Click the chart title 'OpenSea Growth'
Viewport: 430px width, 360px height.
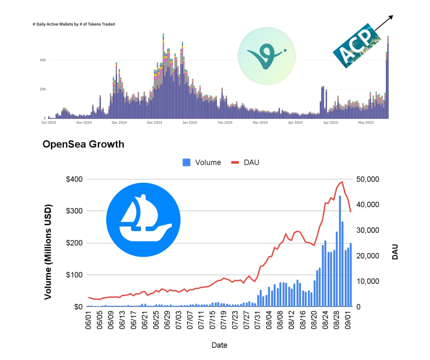click(x=83, y=144)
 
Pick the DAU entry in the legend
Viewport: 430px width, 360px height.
click(x=245, y=162)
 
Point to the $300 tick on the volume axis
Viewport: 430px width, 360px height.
click(x=74, y=211)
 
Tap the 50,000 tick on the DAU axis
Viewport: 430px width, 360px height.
click(x=368, y=179)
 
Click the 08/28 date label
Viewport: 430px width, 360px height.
click(x=336, y=320)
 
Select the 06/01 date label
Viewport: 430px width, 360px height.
click(x=88, y=320)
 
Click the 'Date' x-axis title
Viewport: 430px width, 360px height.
click(x=219, y=345)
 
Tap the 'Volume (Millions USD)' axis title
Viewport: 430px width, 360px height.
click(x=48, y=252)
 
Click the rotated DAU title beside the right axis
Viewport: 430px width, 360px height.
click(x=395, y=252)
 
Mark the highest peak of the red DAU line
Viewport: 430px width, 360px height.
click(x=342, y=182)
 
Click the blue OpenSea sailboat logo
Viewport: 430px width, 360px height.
click(x=143, y=220)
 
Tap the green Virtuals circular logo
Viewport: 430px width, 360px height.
click(x=267, y=56)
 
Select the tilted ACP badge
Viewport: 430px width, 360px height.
click(x=357, y=46)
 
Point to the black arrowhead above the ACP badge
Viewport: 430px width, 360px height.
click(x=391, y=17)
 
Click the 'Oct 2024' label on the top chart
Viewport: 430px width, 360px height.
click(x=49, y=123)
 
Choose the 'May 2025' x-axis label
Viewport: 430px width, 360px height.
click(x=366, y=123)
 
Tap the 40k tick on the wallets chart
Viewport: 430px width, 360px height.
click(x=43, y=60)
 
